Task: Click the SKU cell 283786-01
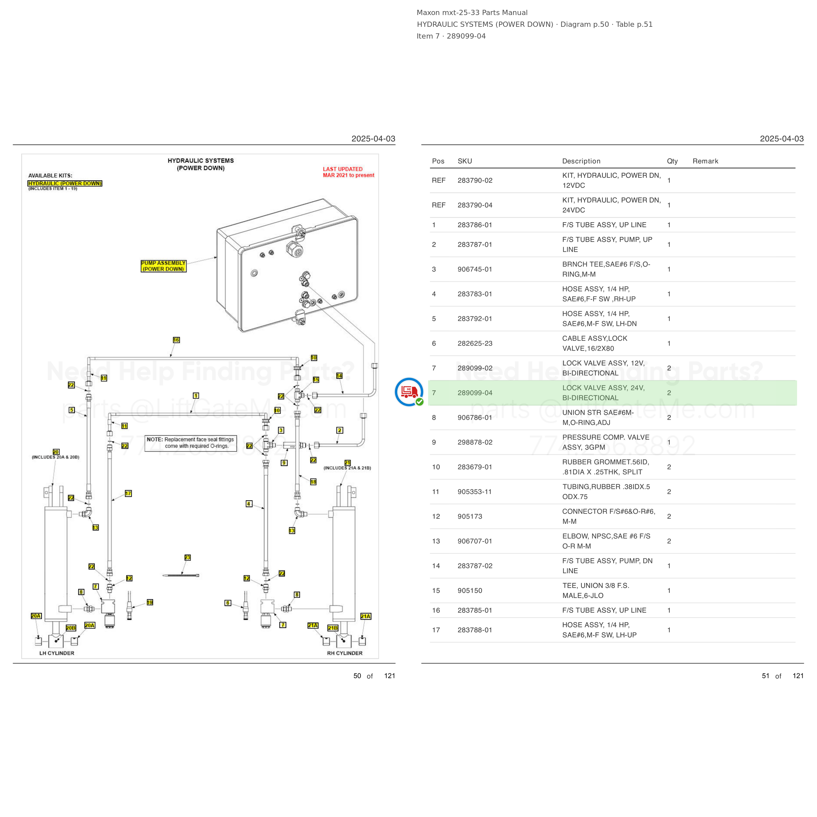(x=475, y=225)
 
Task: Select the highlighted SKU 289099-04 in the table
(x=475, y=393)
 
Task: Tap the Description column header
(x=581, y=161)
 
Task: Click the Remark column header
(x=705, y=161)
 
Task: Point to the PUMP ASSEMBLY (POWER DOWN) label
(x=163, y=266)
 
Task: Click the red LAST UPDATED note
(x=348, y=172)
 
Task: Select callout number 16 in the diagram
(x=176, y=340)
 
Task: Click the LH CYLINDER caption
(x=57, y=653)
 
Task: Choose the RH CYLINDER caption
(x=345, y=653)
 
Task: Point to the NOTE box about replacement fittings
(x=191, y=443)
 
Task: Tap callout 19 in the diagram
(x=150, y=603)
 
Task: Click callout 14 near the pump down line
(x=339, y=376)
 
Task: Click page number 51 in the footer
(x=765, y=676)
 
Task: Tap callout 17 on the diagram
(x=128, y=493)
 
